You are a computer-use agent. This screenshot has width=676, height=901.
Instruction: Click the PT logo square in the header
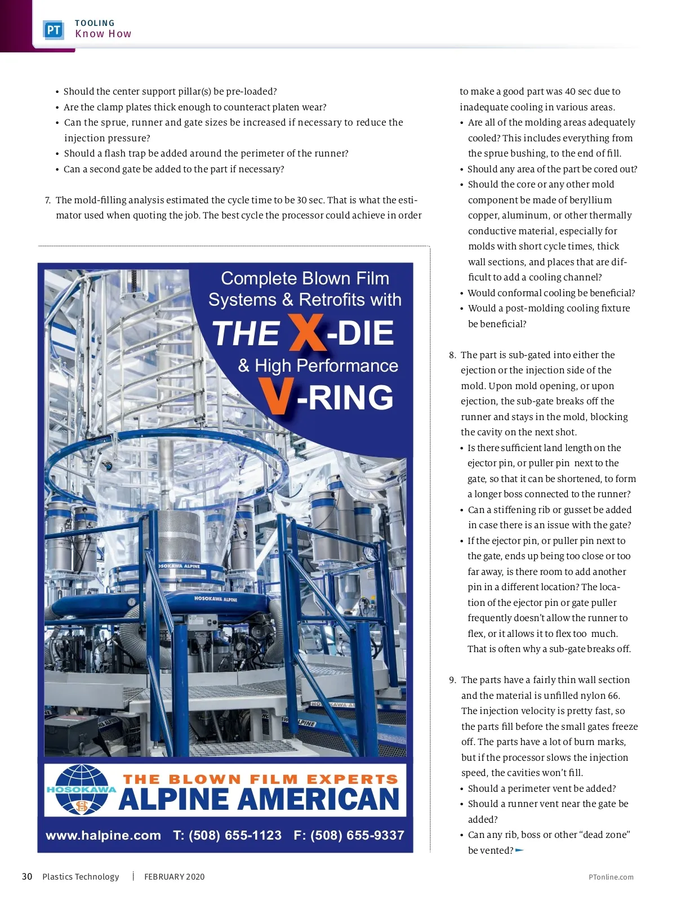click(x=54, y=30)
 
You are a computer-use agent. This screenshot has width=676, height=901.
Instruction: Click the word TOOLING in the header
click(x=95, y=23)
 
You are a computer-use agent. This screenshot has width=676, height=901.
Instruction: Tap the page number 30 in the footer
click(x=27, y=876)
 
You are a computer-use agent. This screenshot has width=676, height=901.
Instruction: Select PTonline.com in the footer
click(x=611, y=877)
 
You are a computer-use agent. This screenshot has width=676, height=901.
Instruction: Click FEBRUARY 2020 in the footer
click(x=175, y=876)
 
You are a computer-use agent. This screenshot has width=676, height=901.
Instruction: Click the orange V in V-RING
click(x=277, y=397)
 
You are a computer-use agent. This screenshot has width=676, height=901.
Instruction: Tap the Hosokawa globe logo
click(x=81, y=790)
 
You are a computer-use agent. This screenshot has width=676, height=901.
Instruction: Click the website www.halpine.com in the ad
click(x=103, y=835)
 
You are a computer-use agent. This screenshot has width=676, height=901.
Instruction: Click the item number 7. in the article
click(x=48, y=200)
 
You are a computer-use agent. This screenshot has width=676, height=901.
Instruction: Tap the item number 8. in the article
click(x=452, y=355)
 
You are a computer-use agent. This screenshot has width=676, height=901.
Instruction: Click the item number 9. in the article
click(x=452, y=680)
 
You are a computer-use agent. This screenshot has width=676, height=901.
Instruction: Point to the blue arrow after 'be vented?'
click(x=519, y=850)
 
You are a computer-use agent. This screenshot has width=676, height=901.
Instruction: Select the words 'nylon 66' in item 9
click(x=602, y=695)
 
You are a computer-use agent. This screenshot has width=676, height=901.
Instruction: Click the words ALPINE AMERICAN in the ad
click(x=259, y=800)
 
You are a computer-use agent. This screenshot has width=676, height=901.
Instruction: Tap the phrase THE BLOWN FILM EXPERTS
click(x=260, y=779)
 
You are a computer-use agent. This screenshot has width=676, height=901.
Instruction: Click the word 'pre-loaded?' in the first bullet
click(x=251, y=91)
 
